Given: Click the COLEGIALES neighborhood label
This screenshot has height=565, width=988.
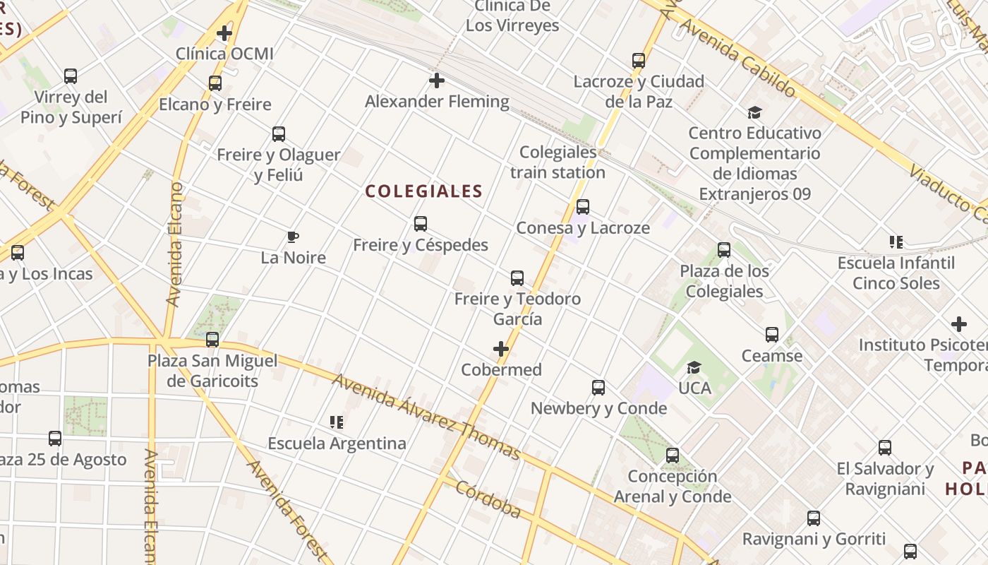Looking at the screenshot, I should tap(424, 191).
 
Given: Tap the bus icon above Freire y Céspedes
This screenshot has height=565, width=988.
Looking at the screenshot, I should tap(421, 224).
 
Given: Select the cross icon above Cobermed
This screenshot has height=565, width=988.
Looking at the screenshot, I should tap(501, 349).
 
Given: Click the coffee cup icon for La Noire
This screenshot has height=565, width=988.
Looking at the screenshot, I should tap(293, 237).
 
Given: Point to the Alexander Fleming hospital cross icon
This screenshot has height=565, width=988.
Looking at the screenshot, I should tap(437, 81).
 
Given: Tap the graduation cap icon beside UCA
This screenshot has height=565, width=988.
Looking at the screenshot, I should tap(694, 367).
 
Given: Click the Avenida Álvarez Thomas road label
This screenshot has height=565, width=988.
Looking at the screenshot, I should tap(426, 417).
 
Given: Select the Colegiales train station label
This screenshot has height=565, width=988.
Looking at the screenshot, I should tap(558, 162).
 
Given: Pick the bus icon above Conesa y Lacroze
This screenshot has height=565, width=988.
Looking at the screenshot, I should tap(583, 207).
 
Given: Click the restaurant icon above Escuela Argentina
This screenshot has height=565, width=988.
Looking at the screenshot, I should tap(337, 422).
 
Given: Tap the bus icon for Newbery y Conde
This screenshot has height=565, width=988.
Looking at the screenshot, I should tap(598, 388).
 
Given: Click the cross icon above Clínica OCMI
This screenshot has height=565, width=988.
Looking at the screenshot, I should tap(224, 32).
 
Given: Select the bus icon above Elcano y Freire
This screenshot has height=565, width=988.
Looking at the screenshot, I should tap(215, 83).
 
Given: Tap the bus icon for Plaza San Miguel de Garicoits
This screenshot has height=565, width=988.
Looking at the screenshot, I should tap(212, 340).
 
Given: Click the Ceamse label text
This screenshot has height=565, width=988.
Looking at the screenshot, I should tap(771, 356).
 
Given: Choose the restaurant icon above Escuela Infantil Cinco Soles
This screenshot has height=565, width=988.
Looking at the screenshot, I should tap(896, 242).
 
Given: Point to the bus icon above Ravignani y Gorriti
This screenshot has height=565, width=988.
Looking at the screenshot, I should tap(814, 518).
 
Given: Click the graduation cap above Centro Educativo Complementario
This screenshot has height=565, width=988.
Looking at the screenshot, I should tap(755, 112).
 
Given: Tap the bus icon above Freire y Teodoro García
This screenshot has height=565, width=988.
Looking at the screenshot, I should tap(517, 278).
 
